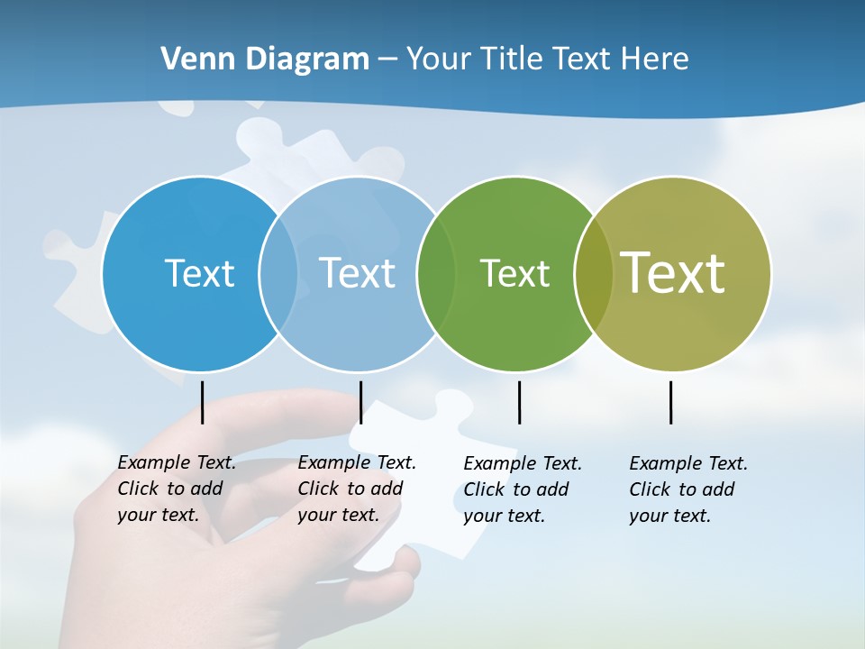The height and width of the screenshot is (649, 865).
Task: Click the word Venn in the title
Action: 192,59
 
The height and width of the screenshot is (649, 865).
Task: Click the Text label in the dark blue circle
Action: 199,273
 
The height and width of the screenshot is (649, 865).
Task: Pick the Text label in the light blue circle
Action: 357,273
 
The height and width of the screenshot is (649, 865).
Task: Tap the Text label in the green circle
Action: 514,273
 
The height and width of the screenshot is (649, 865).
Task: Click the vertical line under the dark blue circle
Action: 203,402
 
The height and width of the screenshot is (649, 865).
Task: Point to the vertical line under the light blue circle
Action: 360,402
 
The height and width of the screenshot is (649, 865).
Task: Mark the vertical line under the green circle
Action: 519,402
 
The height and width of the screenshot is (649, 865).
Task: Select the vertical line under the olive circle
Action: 671,402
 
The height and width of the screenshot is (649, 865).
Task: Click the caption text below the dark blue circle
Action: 177,489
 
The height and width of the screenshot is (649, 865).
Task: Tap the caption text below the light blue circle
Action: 357,489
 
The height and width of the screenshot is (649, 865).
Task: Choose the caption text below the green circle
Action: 523,489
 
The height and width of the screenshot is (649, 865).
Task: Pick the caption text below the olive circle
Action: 688,489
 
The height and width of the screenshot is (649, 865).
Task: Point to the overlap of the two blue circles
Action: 278,274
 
